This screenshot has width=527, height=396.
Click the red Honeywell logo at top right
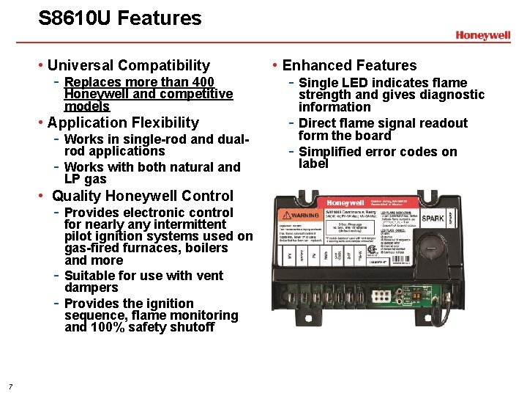pyautogui.click(x=482, y=34)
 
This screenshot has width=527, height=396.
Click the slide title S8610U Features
pyautogui.click(x=119, y=18)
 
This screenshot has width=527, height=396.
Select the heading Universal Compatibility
pyautogui.click(x=128, y=65)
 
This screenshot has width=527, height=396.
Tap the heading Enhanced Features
pyautogui.click(x=348, y=65)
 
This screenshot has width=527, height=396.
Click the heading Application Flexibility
pyautogui.click(x=122, y=122)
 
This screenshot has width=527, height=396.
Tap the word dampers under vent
pyautogui.click(x=90, y=287)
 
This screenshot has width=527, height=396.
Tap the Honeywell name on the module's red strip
pyautogui.click(x=345, y=203)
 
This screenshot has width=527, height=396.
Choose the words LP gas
pyautogui.click(x=85, y=180)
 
